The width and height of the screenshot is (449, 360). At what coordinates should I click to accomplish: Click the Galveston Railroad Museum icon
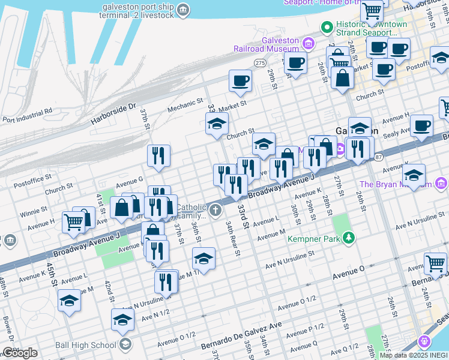tap(309, 43)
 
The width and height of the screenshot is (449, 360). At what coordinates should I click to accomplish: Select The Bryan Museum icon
tap(442, 183)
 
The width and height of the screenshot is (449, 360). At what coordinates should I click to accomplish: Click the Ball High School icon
tap(125, 344)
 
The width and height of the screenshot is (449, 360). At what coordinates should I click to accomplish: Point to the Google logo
tap(19, 353)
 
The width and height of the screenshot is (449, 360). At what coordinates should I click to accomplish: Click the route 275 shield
tap(260, 62)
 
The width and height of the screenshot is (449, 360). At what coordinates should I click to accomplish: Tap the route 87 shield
tap(378, 157)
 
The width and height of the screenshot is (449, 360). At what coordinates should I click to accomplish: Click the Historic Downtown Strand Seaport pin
tap(327, 27)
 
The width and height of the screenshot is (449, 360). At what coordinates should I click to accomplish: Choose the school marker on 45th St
tap(70, 300)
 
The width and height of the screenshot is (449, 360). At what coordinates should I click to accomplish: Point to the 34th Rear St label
tap(234, 237)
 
